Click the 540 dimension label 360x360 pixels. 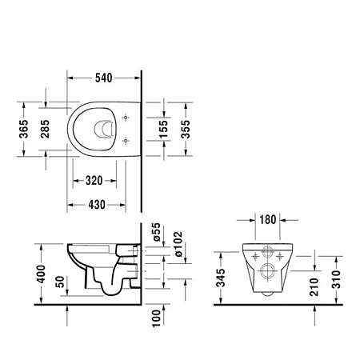pos(100,78)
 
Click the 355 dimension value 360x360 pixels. pos(186,130)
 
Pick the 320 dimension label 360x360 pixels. pos(94,181)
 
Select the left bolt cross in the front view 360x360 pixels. pos(255,256)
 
